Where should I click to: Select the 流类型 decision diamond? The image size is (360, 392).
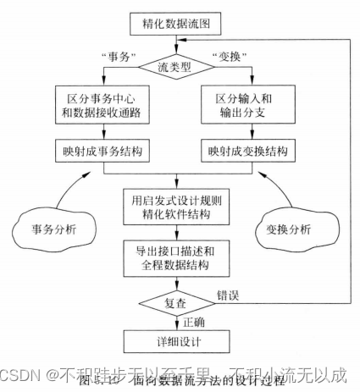(175, 63)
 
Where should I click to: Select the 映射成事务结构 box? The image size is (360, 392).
(103, 152)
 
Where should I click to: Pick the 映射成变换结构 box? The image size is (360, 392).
(247, 152)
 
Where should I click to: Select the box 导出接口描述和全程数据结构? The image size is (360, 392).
(175, 257)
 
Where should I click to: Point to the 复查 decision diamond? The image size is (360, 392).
(175, 301)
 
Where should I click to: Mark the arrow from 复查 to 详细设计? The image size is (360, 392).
(175, 323)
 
